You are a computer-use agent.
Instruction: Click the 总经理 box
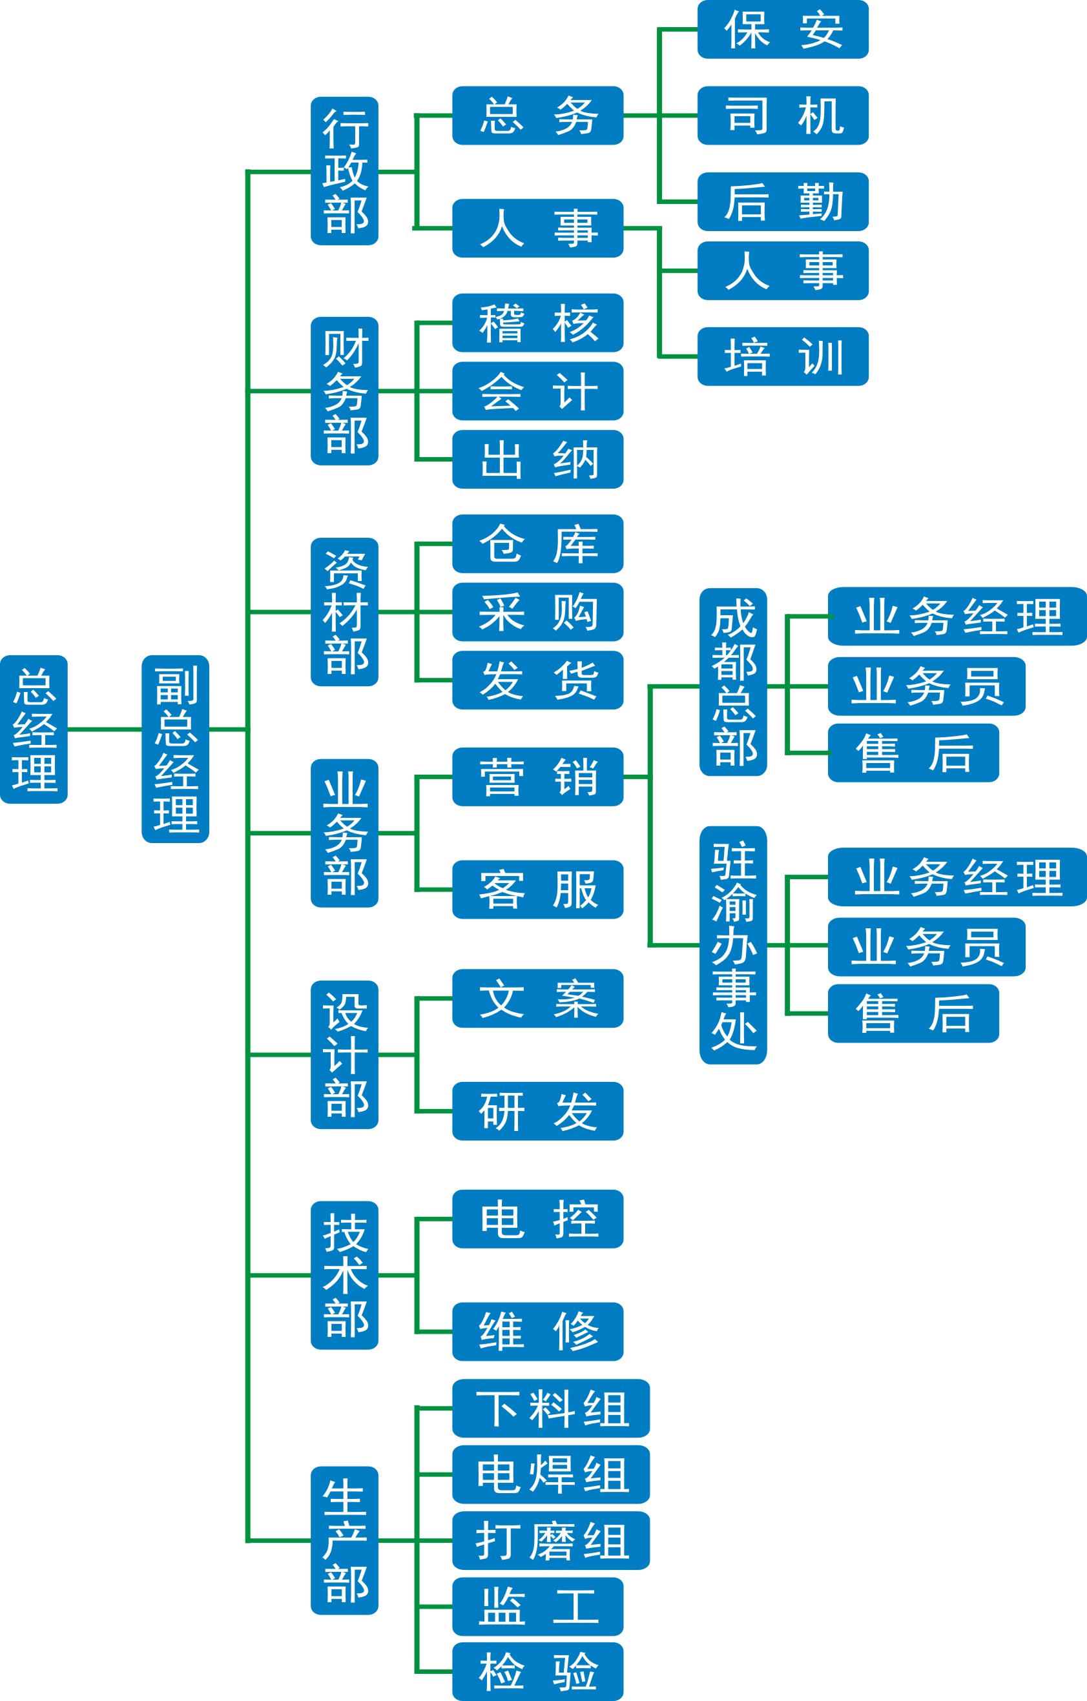pyautogui.click(x=34, y=729)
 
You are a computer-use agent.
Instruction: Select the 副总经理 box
pyautogui.click(x=175, y=749)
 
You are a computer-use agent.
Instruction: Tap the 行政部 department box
pyautogui.click(x=345, y=171)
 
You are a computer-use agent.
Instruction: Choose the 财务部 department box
pyautogui.click(x=345, y=391)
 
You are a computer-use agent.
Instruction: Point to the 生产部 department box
pyautogui.click(x=345, y=1540)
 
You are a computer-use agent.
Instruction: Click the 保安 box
pyautogui.click(x=782, y=30)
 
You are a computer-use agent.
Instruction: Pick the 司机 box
pyautogui.click(x=782, y=115)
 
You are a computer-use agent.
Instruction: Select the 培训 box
pyautogui.click(x=782, y=356)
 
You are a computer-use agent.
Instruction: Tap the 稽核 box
pyautogui.click(x=538, y=323)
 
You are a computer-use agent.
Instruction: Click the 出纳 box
pyautogui.click(x=538, y=459)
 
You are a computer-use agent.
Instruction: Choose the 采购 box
pyautogui.click(x=538, y=612)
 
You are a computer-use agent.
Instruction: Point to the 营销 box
pyautogui.click(x=538, y=777)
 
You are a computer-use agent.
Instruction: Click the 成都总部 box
pyautogui.click(x=733, y=682)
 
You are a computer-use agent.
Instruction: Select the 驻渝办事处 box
pyautogui.click(x=733, y=944)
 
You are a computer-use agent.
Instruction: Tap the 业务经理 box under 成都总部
pyautogui.click(x=957, y=616)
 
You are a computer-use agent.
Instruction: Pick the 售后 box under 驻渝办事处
pyautogui.click(x=913, y=1013)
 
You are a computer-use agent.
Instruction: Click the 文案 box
pyautogui.click(x=538, y=998)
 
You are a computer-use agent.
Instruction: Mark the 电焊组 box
pyautogui.click(x=550, y=1474)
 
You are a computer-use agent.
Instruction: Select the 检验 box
pyautogui.click(x=538, y=1671)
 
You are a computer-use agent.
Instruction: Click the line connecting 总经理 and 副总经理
pyautogui.click(x=105, y=729)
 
